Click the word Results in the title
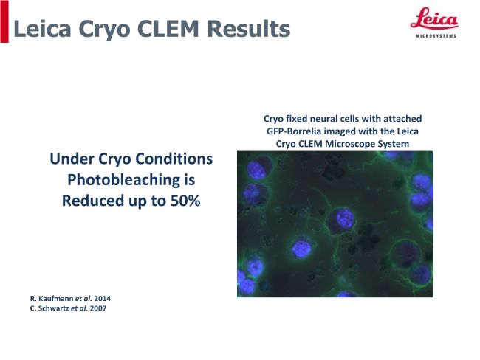click(249, 29)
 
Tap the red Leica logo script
click(434, 18)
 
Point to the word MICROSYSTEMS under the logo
click(436, 36)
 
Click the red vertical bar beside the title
click(4, 21)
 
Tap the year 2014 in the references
click(102, 298)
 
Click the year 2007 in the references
click(98, 308)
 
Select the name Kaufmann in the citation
click(56, 298)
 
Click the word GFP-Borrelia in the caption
click(294, 131)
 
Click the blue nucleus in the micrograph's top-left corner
click(257, 170)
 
